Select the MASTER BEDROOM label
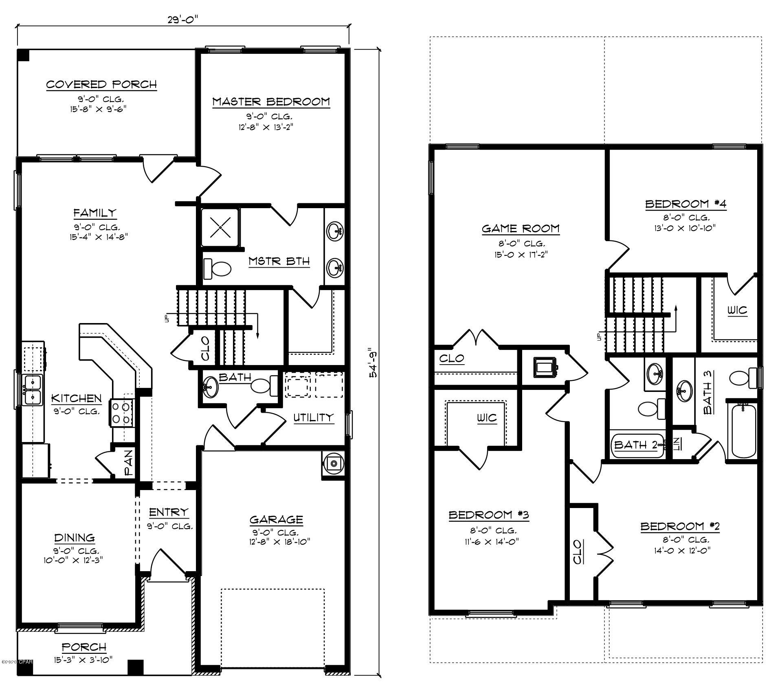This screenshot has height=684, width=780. coord(271,102)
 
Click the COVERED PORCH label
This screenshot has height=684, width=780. coord(101,85)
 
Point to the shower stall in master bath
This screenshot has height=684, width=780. coord(220,227)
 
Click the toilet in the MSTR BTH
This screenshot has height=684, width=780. coord(218,269)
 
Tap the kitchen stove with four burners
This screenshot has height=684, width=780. coord(121,413)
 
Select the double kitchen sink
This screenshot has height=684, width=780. coord(33,390)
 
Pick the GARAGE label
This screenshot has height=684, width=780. coord(276,520)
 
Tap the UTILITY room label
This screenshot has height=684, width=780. coord(313,417)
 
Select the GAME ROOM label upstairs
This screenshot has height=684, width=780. coord(521,229)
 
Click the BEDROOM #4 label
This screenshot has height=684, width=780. coord(686,204)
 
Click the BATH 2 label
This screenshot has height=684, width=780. coord(635,445)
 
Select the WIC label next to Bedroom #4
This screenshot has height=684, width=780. coord(737,311)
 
